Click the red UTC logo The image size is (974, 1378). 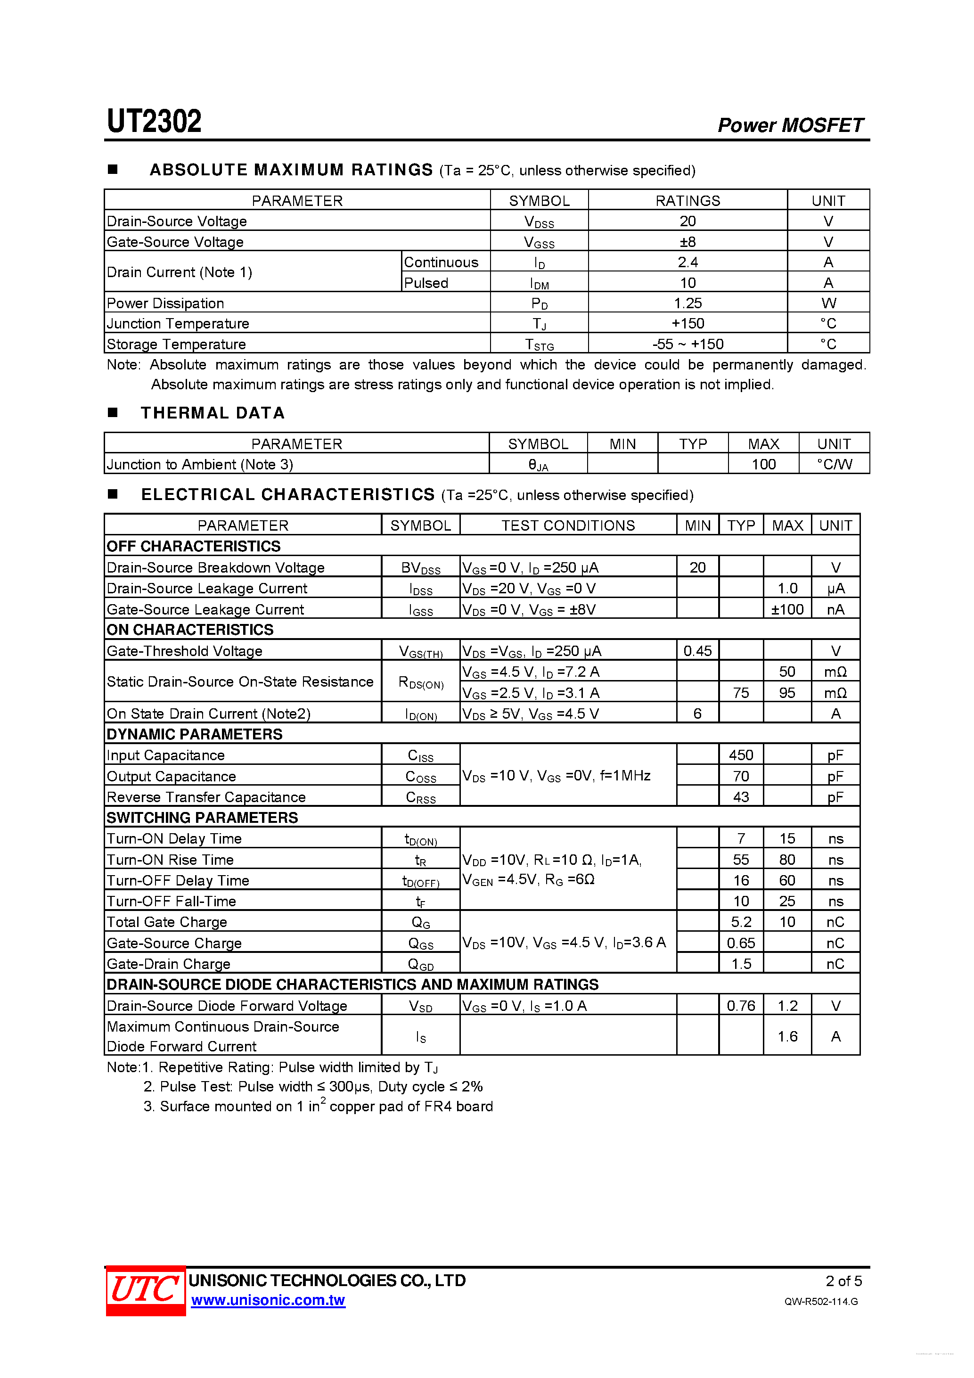pyautogui.click(x=145, y=1290)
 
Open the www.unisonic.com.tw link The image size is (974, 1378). pyautogui.click(x=268, y=1301)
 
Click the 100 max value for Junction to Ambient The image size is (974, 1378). pyautogui.click(x=763, y=464)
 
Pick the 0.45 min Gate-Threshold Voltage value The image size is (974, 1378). pyautogui.click(x=697, y=650)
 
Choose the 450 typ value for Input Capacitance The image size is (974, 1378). pyautogui.click(x=741, y=755)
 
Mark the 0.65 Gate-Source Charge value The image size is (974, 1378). pyautogui.click(x=741, y=943)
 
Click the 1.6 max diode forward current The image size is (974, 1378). pyautogui.click(x=787, y=1036)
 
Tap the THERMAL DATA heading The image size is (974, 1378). pyautogui.click(x=213, y=413)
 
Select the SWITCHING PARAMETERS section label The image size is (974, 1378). pyautogui.click(x=202, y=818)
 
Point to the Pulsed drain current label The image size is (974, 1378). pyautogui.click(x=426, y=283)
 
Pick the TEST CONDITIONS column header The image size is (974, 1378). pyautogui.click(x=568, y=526)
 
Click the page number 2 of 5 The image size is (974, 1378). pyautogui.click(x=843, y=1281)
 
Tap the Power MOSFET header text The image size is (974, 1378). pyautogui.click(x=790, y=125)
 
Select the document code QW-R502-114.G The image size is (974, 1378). pyautogui.click(x=820, y=1301)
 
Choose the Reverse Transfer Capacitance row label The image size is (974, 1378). pyautogui.click(x=206, y=797)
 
